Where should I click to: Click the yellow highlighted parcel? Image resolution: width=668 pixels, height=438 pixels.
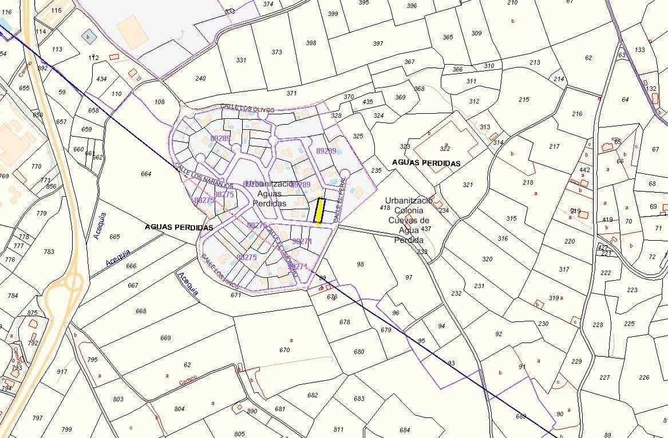[x=319, y=211]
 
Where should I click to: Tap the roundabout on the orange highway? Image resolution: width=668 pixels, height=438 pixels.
[x=73, y=281]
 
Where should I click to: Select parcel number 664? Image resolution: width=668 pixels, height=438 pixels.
[x=146, y=174]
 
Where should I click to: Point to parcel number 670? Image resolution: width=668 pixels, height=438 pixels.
[x=284, y=350]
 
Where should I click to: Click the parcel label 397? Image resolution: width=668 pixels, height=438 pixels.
[x=378, y=43]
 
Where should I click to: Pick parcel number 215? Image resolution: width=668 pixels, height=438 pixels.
[x=524, y=99]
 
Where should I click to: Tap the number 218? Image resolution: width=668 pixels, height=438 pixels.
[x=528, y=182]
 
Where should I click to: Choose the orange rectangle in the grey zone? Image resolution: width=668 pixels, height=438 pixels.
[x=133, y=32]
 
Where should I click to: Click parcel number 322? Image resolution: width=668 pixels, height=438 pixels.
[x=445, y=149]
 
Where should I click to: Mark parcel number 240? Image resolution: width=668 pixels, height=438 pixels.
[x=200, y=78]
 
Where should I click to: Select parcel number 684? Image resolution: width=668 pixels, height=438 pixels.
[x=405, y=430]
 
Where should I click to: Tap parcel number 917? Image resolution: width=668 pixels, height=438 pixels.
[x=62, y=372]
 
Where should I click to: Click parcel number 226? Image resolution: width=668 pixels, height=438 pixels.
[x=644, y=377]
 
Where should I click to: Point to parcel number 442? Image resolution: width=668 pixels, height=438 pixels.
[x=584, y=170]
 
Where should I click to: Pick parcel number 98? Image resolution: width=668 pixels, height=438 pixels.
[x=360, y=264]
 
